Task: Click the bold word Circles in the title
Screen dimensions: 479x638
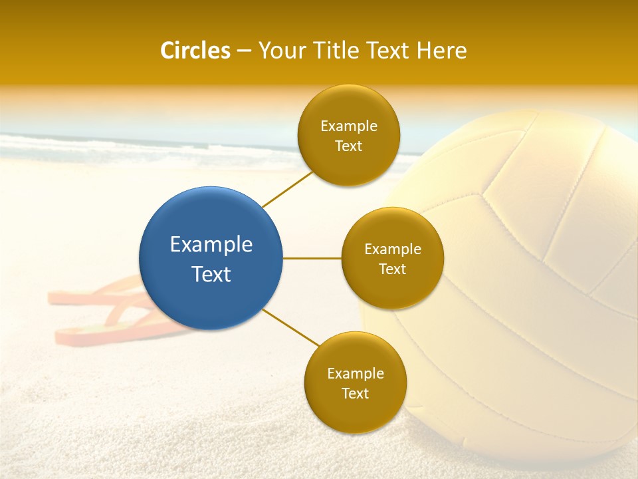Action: pos(195,51)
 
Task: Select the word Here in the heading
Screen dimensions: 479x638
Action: pos(442,51)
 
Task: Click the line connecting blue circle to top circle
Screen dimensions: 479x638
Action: pos(287,188)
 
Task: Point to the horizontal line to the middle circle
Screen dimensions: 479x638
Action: pos(312,258)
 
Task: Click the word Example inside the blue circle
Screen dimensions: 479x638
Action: pos(211,245)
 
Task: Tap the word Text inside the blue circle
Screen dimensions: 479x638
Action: pos(211,274)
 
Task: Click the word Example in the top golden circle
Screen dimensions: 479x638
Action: pos(349,126)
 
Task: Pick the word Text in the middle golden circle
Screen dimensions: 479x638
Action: pos(393,269)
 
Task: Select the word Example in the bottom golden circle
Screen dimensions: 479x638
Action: pos(356,374)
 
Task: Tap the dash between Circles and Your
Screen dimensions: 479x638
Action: pos(244,51)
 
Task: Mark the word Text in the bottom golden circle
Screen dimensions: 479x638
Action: pos(356,394)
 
